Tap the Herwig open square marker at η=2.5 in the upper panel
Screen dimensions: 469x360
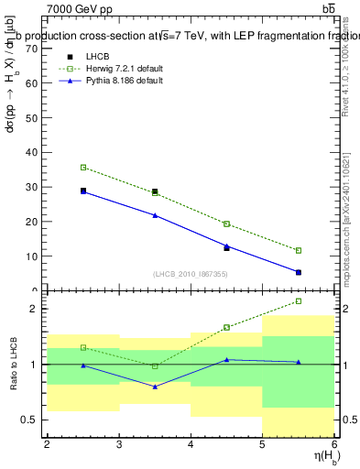pos(83,168)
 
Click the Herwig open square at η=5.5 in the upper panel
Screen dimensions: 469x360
pos(298,250)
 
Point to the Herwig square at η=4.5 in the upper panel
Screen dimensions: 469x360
pos(226,224)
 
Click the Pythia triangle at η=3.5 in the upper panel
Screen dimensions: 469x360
pos(155,215)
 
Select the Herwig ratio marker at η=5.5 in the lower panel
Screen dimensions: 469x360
pos(298,301)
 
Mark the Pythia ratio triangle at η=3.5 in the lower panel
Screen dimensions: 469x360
pos(155,387)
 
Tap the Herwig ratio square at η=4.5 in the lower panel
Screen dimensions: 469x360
pos(226,327)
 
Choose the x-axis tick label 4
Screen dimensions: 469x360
pos(191,444)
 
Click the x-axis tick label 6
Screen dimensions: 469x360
pos(334,444)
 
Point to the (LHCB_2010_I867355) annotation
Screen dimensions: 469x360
pos(191,274)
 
